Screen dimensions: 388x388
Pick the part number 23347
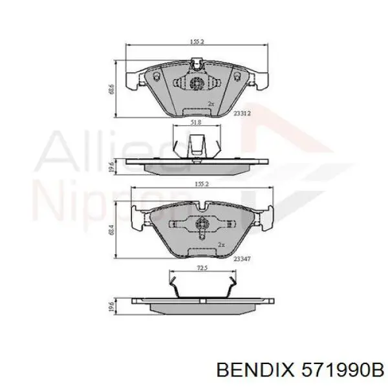[242, 258]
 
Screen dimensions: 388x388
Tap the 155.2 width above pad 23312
[197, 40]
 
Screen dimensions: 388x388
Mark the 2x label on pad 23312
[210, 103]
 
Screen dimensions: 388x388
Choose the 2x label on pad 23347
[221, 245]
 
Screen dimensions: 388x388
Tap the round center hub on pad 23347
[200, 226]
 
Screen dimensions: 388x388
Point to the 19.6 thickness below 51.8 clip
[111, 167]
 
